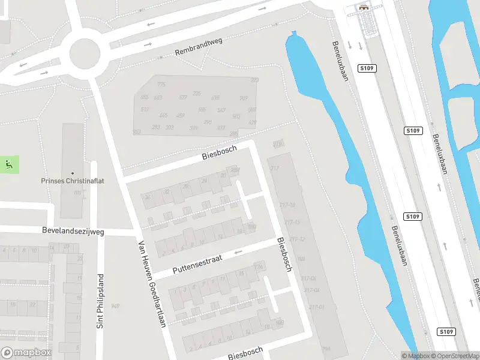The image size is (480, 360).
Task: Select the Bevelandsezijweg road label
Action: click(73, 230)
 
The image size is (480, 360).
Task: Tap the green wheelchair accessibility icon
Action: click(8, 164)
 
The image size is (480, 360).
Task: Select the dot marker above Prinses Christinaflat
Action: click(73, 173)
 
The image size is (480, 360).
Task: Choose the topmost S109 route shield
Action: click(367, 68)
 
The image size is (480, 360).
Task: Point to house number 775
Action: click(161, 85)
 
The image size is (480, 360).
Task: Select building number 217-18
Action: click(287, 205)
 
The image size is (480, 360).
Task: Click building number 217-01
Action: click(317, 307)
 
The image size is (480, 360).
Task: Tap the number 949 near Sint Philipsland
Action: click(115, 307)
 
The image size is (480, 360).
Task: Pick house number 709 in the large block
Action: click(244, 98)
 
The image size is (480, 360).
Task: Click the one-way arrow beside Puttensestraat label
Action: click(238, 253)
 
